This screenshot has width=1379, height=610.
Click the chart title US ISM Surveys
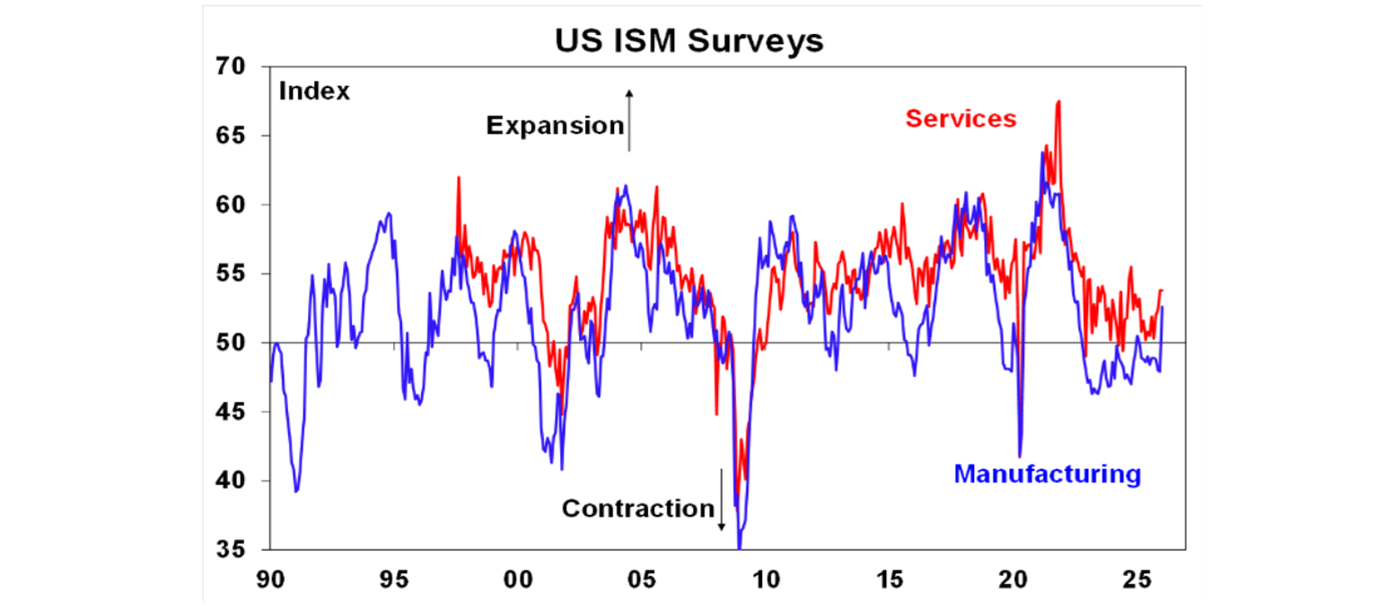click(x=689, y=40)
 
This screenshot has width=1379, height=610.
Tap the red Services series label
click(x=961, y=118)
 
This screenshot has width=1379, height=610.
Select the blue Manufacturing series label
click(x=1047, y=473)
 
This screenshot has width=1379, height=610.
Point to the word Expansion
click(x=554, y=126)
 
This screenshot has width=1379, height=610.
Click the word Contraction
click(x=637, y=509)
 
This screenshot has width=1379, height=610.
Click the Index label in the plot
click(x=314, y=91)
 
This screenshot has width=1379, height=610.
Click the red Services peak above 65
click(x=1059, y=101)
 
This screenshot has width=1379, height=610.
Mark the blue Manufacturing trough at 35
click(x=740, y=545)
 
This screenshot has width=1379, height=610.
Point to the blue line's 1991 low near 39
click(x=296, y=491)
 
